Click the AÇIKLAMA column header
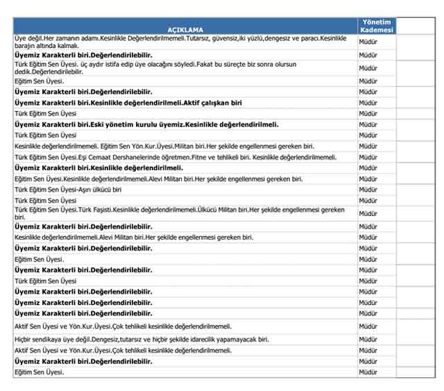tap(185, 29)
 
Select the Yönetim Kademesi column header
tap(377, 26)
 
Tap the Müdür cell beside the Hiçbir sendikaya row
tap(368, 340)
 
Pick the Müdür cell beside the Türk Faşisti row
tap(368, 213)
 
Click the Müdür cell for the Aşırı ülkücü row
tap(368, 189)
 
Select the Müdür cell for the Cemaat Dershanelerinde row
tap(368, 158)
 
